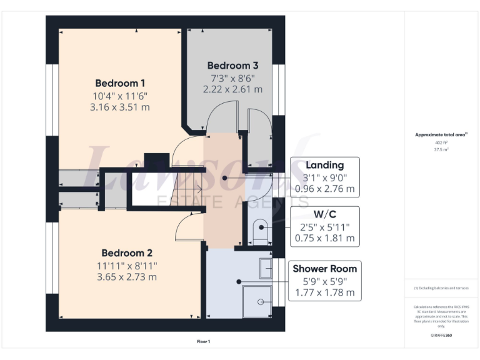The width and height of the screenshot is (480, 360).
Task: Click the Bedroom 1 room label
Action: click(120, 83)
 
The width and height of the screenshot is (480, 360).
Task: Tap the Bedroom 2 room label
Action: click(127, 253)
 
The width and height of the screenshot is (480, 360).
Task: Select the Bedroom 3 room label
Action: click(232, 65)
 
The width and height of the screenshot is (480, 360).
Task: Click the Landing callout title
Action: click(324, 165)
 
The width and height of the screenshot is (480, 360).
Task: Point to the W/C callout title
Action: click(324, 214)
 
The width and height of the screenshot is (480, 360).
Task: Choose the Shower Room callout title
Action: click(324, 269)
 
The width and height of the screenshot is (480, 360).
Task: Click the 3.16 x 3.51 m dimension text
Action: click(120, 107)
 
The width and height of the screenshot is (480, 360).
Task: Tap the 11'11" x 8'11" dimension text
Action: click(127, 265)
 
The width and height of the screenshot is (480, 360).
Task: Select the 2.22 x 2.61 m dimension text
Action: click(232, 89)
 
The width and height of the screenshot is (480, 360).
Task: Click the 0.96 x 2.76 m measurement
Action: click(324, 189)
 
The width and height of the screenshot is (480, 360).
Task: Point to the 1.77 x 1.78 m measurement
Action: click(324, 292)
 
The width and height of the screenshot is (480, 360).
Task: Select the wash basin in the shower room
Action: click(265, 269)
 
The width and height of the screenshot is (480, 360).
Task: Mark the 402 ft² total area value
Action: click(441, 142)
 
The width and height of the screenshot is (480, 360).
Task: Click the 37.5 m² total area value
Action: click(441, 150)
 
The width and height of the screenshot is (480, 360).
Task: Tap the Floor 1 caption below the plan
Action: click(203, 342)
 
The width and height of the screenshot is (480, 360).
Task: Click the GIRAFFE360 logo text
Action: click(441, 336)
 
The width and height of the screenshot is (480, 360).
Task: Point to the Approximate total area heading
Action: click(441, 134)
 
